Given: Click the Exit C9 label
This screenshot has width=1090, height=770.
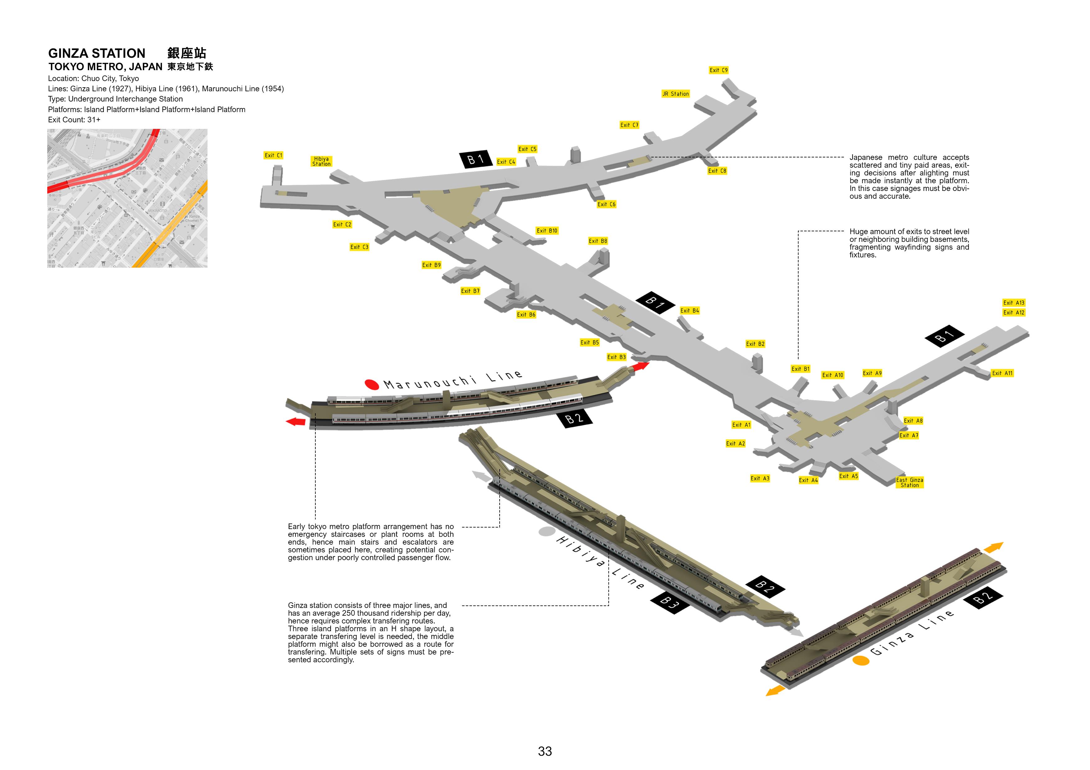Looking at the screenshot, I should point(718,70).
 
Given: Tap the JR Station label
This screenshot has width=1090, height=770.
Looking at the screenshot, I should point(676,94).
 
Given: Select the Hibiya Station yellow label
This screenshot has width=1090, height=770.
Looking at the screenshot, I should point(321,161).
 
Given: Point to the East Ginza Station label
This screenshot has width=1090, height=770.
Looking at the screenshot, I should point(909,482).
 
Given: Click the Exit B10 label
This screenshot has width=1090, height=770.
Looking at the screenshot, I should point(547,231).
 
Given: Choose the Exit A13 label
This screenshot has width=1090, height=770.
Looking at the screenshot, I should point(1014,303).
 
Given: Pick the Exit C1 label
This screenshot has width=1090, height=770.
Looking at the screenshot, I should point(273,155).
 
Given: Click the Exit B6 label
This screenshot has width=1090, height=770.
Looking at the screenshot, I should point(526,315).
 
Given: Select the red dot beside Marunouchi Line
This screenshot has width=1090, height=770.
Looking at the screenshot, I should point(372,384).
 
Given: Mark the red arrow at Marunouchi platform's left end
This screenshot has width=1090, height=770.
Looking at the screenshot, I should point(296,421).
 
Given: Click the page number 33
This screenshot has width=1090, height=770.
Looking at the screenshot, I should point(545,751).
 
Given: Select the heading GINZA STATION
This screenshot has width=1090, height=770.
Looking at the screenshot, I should point(97,53).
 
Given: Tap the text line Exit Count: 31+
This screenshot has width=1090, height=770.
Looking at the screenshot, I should point(74,120).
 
